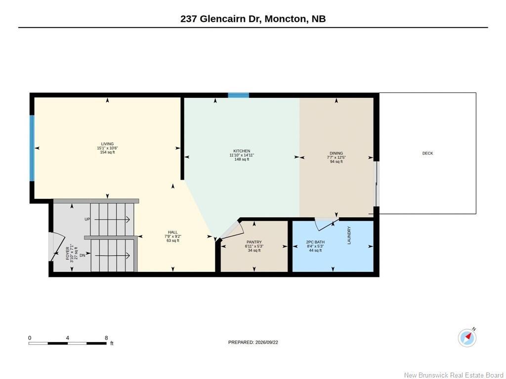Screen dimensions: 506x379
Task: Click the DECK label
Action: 427,153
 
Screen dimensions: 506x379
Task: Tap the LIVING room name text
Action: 107,144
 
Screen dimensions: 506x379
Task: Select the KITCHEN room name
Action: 242,151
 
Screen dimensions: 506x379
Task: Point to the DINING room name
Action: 336,153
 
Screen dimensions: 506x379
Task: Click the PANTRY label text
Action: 254,242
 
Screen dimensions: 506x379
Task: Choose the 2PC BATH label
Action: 315,242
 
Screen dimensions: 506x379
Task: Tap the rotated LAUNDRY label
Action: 349,235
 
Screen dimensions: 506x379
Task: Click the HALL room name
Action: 172,232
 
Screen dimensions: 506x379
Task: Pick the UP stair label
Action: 87,220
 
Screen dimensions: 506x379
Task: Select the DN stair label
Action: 83,255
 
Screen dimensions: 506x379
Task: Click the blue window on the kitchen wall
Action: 239,95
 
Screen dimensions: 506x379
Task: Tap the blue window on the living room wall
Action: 32,148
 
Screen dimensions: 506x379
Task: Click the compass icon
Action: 467,338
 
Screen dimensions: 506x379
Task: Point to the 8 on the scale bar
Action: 106,338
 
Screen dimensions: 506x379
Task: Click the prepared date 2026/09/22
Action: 266,342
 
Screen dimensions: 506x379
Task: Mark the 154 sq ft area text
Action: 107,152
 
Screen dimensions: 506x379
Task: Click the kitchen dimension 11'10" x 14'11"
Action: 242,155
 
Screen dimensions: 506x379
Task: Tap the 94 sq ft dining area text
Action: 336,161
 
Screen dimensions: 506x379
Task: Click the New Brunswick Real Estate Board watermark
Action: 454,375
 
